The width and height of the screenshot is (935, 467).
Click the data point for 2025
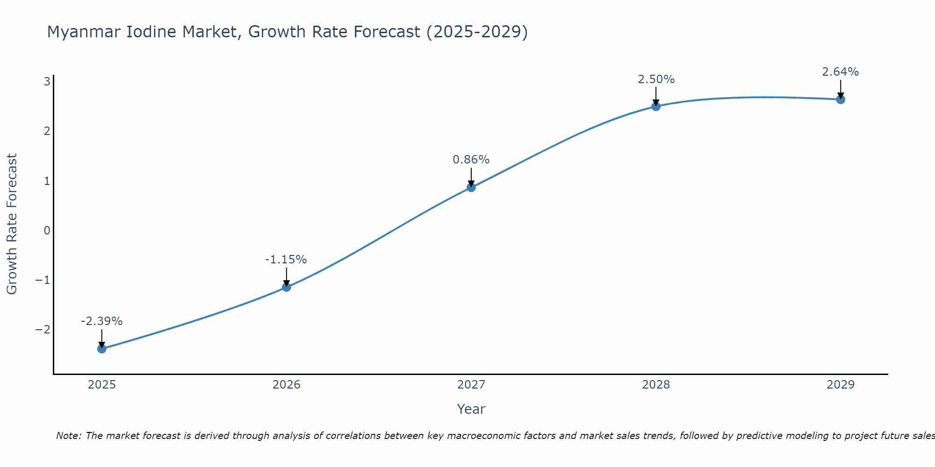click(x=102, y=348)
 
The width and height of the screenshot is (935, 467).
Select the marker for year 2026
click(x=287, y=287)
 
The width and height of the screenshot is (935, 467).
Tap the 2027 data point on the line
click(x=471, y=187)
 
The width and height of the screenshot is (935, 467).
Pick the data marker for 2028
click(x=656, y=106)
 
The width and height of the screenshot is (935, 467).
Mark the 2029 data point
click(x=841, y=99)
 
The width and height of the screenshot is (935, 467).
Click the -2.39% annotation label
click(x=101, y=321)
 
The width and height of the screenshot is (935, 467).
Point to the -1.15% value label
click(x=286, y=260)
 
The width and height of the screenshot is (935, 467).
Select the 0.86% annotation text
click(x=471, y=160)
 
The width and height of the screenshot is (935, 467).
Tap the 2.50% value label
click(x=656, y=79)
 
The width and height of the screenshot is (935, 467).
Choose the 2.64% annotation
click(x=840, y=72)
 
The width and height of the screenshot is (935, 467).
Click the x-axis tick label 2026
click(x=287, y=385)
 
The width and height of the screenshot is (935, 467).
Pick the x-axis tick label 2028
click(x=656, y=385)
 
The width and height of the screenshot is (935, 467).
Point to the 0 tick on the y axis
click(x=47, y=230)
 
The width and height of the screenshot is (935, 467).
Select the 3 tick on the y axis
click(x=47, y=82)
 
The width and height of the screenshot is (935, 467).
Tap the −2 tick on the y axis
click(x=43, y=330)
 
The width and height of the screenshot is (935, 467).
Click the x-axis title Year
click(x=471, y=409)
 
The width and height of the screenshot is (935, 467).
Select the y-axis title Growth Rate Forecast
click(x=12, y=224)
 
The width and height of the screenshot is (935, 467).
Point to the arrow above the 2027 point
click(x=471, y=177)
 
